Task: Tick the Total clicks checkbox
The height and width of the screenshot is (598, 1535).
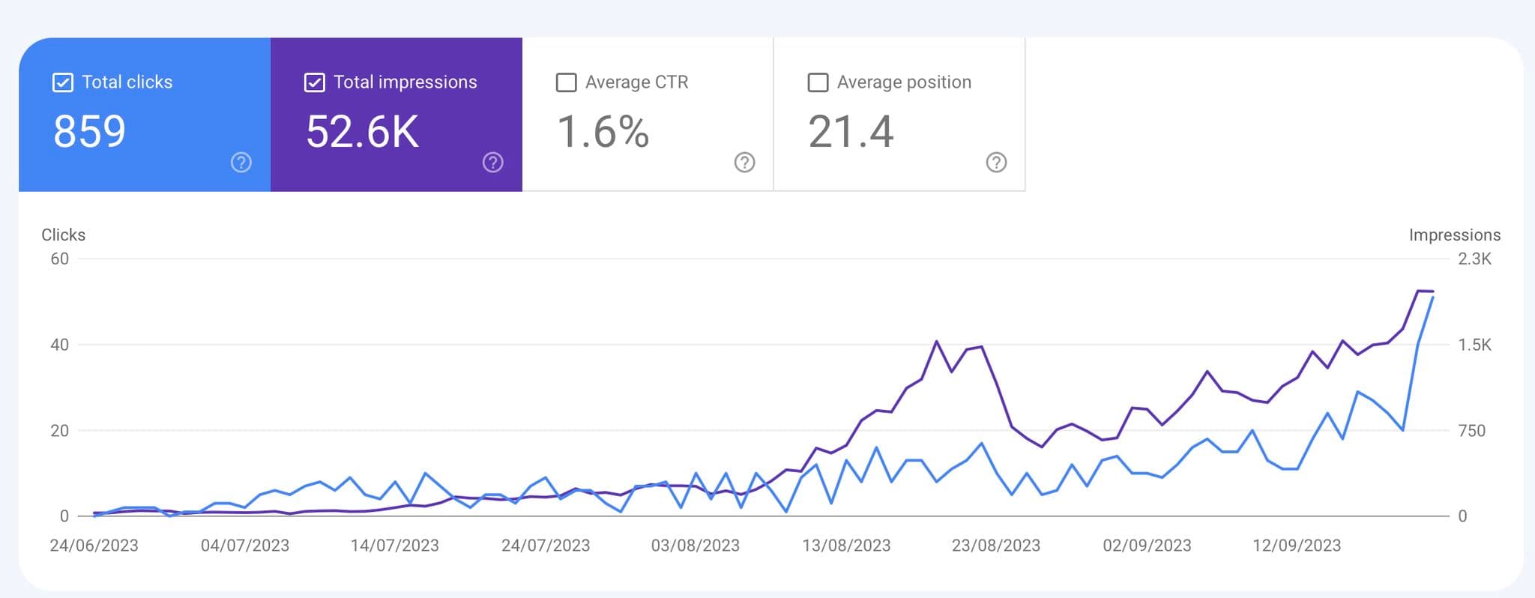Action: click(x=63, y=82)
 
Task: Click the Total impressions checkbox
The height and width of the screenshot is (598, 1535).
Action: click(x=315, y=82)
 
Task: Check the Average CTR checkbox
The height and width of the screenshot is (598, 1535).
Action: click(x=566, y=82)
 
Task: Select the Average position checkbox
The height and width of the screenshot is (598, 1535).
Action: click(x=818, y=82)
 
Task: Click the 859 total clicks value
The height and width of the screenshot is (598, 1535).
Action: click(x=89, y=132)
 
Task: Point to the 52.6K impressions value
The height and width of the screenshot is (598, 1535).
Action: click(x=362, y=132)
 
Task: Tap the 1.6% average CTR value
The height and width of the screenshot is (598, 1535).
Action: click(x=603, y=132)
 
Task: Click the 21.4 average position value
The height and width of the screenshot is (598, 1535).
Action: click(x=851, y=132)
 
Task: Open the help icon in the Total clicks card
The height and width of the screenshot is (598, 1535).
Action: click(x=241, y=163)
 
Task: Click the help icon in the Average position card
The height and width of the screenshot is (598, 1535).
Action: click(x=996, y=163)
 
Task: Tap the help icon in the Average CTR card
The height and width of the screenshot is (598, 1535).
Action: click(x=744, y=163)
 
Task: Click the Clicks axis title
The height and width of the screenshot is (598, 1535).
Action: click(x=64, y=235)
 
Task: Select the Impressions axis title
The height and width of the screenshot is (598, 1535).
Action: click(x=1454, y=235)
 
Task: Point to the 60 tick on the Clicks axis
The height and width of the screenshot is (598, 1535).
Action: click(x=59, y=259)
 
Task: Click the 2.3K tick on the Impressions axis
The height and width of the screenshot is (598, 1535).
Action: click(x=1474, y=259)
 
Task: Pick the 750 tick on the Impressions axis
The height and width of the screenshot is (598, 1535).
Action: click(x=1471, y=431)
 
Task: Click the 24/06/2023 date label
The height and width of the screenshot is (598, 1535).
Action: click(x=94, y=546)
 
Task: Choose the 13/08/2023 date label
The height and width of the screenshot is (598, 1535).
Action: click(x=846, y=546)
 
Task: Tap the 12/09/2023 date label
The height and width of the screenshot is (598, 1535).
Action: click(x=1297, y=546)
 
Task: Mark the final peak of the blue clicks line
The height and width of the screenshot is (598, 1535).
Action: click(x=1433, y=298)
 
